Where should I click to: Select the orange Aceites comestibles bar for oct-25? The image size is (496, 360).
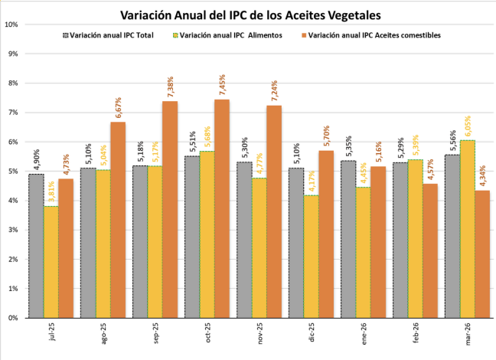click(221, 208)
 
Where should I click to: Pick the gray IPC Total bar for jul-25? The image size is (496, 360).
click(36, 245)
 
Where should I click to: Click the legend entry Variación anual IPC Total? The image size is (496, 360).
click(107, 35)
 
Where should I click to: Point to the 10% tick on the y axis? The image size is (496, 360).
click(12, 24)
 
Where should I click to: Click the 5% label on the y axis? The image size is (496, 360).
click(13, 171)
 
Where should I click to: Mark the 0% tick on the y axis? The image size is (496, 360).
click(13, 317)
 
